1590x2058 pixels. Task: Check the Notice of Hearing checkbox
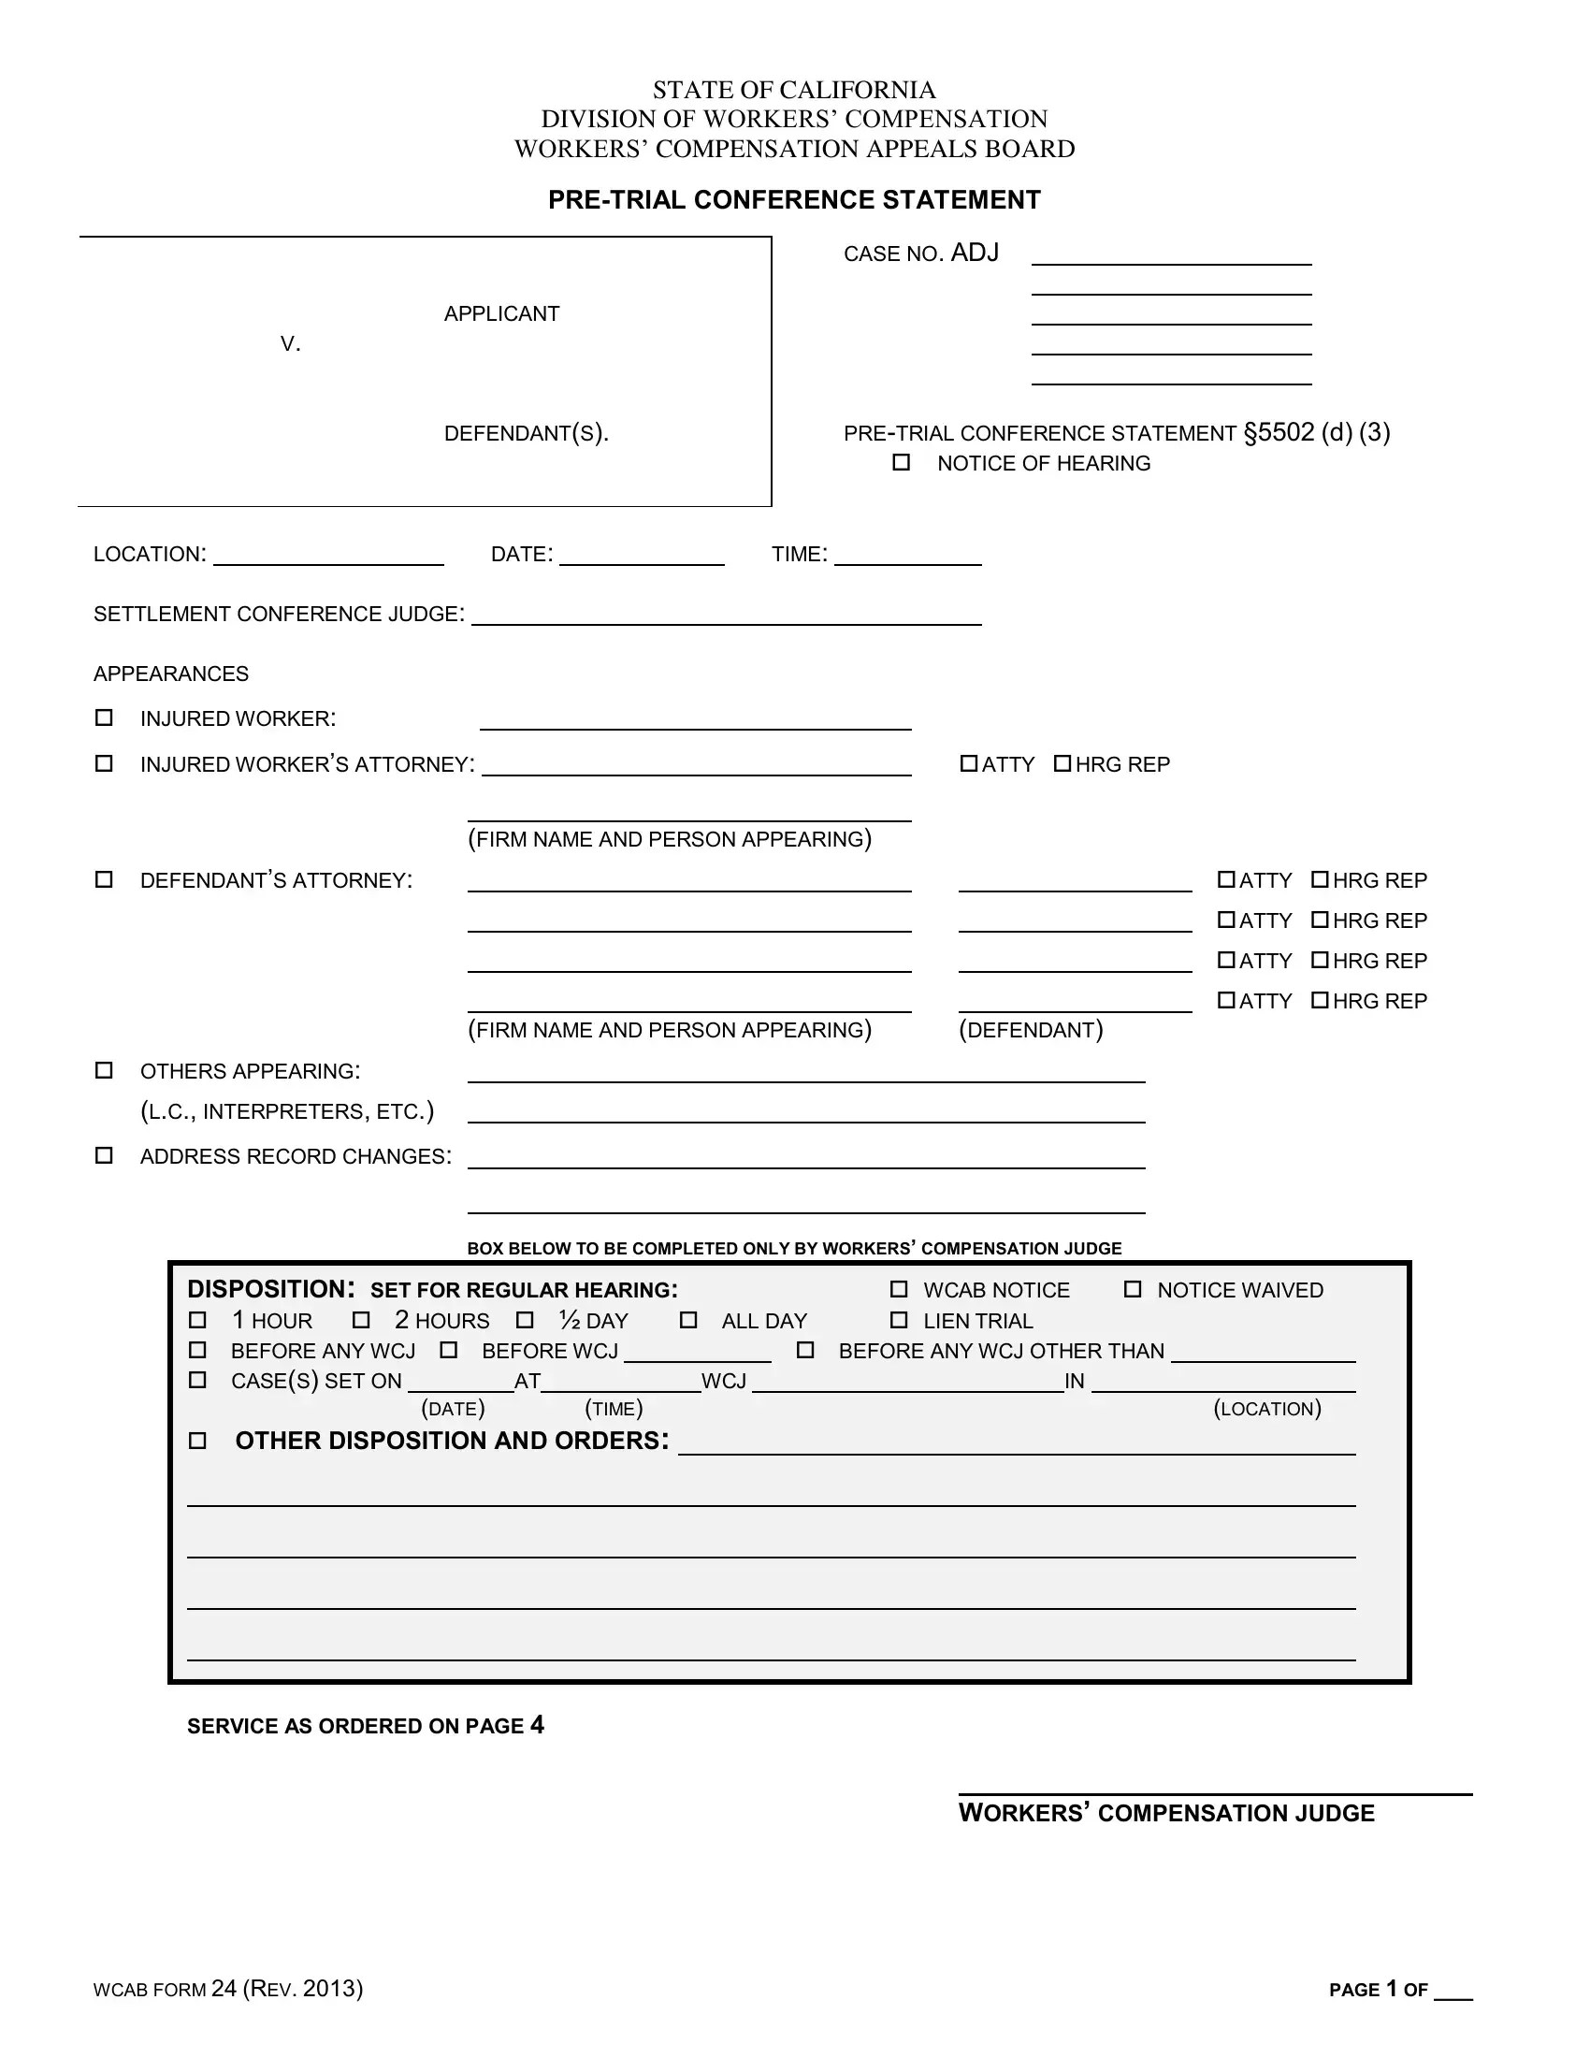901,462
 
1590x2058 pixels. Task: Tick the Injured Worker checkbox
104,718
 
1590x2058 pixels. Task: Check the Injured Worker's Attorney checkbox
104,763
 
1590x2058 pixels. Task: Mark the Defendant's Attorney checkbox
104,879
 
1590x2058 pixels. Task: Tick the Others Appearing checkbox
104,1070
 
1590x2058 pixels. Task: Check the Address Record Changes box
104,1155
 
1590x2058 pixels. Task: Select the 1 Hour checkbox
197,1320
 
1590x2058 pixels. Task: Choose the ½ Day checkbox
526,1320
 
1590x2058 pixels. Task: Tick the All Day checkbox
688,1320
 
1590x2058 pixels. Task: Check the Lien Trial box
899,1320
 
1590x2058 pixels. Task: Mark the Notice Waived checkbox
1133,1289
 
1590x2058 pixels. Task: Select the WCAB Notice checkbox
899,1289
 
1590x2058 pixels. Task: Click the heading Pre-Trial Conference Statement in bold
794,200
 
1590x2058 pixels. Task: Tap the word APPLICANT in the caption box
501,313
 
